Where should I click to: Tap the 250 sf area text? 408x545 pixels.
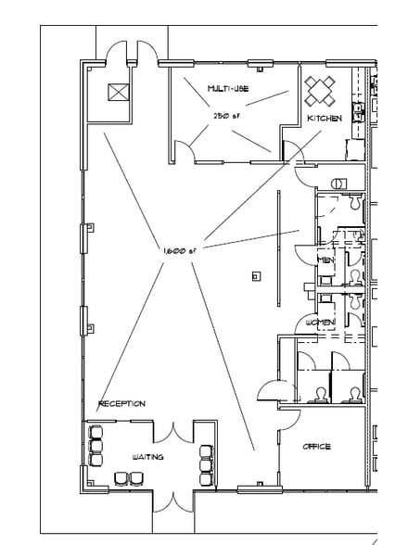[x=227, y=115]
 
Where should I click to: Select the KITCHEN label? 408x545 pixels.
[x=325, y=119]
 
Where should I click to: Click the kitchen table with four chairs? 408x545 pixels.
[x=321, y=89]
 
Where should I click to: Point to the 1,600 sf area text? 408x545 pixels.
[x=180, y=251]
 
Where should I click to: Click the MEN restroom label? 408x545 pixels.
[x=325, y=260]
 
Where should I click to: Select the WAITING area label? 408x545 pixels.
[x=149, y=457]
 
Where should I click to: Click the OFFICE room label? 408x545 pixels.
[x=316, y=447]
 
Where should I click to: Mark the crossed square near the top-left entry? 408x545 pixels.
[x=119, y=92]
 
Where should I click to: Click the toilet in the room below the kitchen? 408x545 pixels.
[x=338, y=182]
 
